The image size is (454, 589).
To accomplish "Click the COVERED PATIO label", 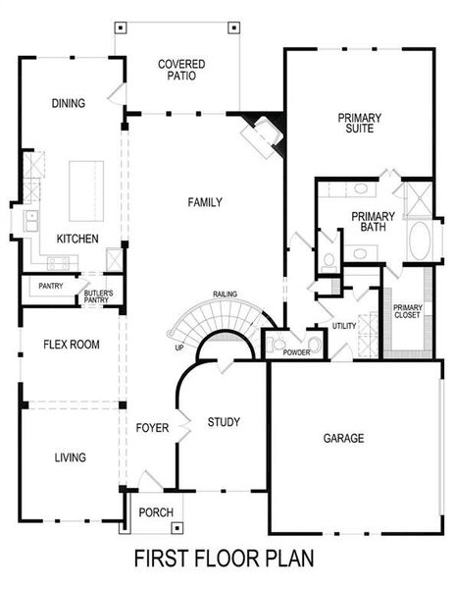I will click(181, 71).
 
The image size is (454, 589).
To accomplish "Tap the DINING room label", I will click(68, 103).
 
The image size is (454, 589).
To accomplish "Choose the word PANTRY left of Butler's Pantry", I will click(50, 287).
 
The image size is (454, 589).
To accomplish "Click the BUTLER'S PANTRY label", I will click(98, 297).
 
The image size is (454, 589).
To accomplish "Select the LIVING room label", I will click(69, 456).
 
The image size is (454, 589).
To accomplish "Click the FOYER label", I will click(152, 428).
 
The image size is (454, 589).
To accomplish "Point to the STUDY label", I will click(224, 422).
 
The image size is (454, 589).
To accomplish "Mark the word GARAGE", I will click(343, 438).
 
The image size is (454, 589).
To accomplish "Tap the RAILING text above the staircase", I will click(226, 294).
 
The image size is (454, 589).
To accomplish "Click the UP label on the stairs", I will click(177, 348).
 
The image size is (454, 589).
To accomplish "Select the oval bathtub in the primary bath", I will click(420, 241).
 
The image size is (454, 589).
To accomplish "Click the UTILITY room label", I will click(344, 325).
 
